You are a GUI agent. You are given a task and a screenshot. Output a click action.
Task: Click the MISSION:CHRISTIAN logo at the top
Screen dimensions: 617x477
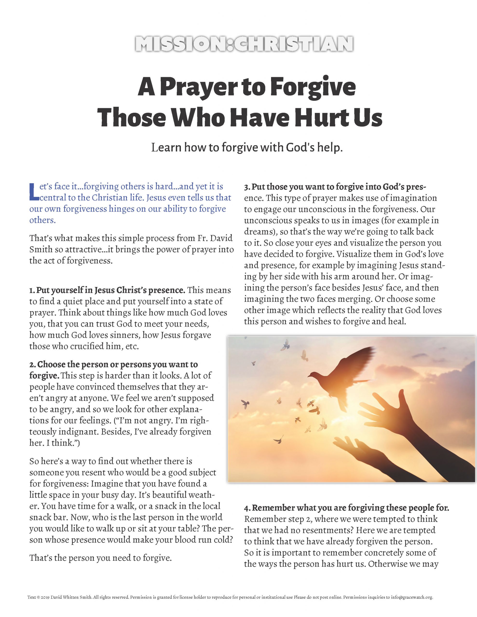[244, 44]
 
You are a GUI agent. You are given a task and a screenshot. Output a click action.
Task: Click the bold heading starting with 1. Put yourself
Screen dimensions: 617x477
[108, 290]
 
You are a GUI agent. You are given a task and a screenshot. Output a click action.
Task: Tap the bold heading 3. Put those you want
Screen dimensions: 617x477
[335, 187]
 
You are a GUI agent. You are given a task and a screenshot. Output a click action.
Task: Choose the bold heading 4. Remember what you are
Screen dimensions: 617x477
[346, 508]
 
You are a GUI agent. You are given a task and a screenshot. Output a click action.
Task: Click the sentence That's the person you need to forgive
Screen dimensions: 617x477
[100, 558]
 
